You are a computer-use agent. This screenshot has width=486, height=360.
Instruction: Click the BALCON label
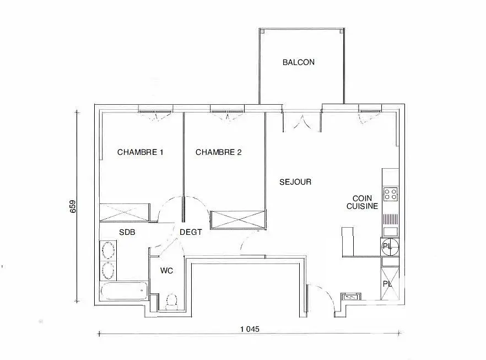click(x=299, y=62)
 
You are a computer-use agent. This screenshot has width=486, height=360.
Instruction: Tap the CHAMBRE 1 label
click(x=140, y=152)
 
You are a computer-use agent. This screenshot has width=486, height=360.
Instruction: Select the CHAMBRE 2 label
click(x=219, y=152)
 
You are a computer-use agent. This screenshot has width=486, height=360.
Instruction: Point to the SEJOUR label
click(x=295, y=182)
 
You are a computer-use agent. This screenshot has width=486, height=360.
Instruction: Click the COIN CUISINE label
click(x=362, y=202)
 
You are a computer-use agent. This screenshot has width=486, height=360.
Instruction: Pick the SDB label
click(x=127, y=232)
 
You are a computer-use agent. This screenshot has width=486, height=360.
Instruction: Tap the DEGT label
click(x=191, y=232)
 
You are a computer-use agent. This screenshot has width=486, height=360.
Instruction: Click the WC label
click(x=166, y=271)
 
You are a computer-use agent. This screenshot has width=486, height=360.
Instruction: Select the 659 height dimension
click(x=73, y=207)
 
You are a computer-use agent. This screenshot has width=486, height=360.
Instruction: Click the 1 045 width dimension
click(x=250, y=329)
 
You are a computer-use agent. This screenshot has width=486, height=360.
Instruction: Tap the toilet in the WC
click(x=171, y=301)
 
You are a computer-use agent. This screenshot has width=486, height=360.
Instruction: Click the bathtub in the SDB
click(x=124, y=291)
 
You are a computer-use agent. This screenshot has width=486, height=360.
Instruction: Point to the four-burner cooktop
click(x=391, y=194)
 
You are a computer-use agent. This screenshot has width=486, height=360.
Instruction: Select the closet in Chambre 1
click(x=125, y=212)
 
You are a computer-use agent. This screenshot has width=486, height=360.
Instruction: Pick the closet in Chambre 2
click(x=238, y=220)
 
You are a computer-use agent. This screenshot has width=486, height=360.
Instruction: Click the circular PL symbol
click(x=390, y=247)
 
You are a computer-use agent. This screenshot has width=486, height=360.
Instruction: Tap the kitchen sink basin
click(x=391, y=232)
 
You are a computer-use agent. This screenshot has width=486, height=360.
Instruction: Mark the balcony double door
click(x=301, y=121)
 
